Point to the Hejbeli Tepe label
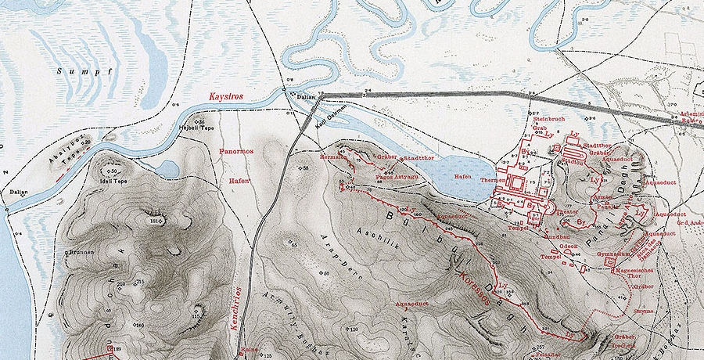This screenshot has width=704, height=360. [x=196, y=128]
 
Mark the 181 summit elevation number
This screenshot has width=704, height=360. [x=154, y=222]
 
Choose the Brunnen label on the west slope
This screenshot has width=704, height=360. [x=81, y=253]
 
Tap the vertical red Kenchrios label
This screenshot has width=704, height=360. [x=235, y=301]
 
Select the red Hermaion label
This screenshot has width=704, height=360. [x=334, y=157]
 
